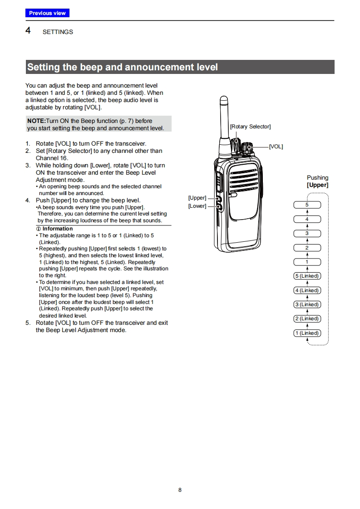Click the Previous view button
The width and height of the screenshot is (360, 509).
47,13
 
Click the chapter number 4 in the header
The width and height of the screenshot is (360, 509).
28,31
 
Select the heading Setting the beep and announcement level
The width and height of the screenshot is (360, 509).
123,67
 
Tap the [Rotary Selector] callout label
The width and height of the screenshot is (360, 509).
250,127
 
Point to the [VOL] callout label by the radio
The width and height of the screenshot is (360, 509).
276,147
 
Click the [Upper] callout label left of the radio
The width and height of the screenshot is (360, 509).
197,198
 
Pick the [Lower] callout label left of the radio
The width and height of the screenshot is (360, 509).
197,206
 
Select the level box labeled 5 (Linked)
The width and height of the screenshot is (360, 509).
307,276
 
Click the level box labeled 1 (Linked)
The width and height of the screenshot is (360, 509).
307,333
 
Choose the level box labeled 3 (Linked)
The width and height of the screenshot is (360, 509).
307,304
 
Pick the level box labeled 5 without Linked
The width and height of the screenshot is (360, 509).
307,205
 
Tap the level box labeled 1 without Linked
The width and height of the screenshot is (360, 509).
307,262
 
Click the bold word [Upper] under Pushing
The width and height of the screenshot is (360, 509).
317,185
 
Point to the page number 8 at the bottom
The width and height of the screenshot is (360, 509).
180,490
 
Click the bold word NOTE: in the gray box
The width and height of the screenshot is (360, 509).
36,121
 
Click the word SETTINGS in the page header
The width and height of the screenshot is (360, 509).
58,32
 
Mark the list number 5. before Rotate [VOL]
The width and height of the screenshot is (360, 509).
28,323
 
